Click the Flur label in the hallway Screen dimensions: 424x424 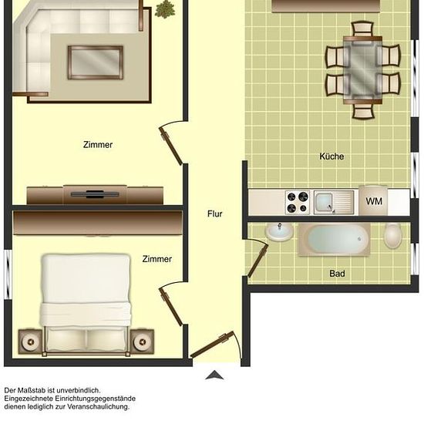tap(215, 214)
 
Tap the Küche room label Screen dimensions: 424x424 tap(331, 156)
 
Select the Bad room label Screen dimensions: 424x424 tap(337, 274)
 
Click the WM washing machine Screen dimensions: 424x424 tap(373, 200)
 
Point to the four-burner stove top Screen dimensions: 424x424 tap(298, 202)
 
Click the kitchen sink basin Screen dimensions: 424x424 tap(325, 202)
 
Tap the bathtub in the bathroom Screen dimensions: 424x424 tap(335, 239)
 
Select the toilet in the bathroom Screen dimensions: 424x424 tap(392, 235)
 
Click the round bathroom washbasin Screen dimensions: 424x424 tap(279, 232)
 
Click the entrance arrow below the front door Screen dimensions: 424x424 tap(214, 375)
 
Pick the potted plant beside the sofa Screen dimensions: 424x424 tap(165, 9)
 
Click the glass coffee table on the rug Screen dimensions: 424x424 tap(95, 62)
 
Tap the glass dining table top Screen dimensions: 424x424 tap(362, 70)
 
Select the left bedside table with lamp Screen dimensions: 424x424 tap(30, 342)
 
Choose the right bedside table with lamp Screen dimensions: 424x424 tap(143, 342)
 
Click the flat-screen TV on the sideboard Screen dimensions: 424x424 tap(95, 193)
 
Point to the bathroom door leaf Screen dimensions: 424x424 tap(258, 261)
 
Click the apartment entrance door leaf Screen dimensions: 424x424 tap(212, 345)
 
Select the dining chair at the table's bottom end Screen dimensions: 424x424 tap(363, 111)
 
